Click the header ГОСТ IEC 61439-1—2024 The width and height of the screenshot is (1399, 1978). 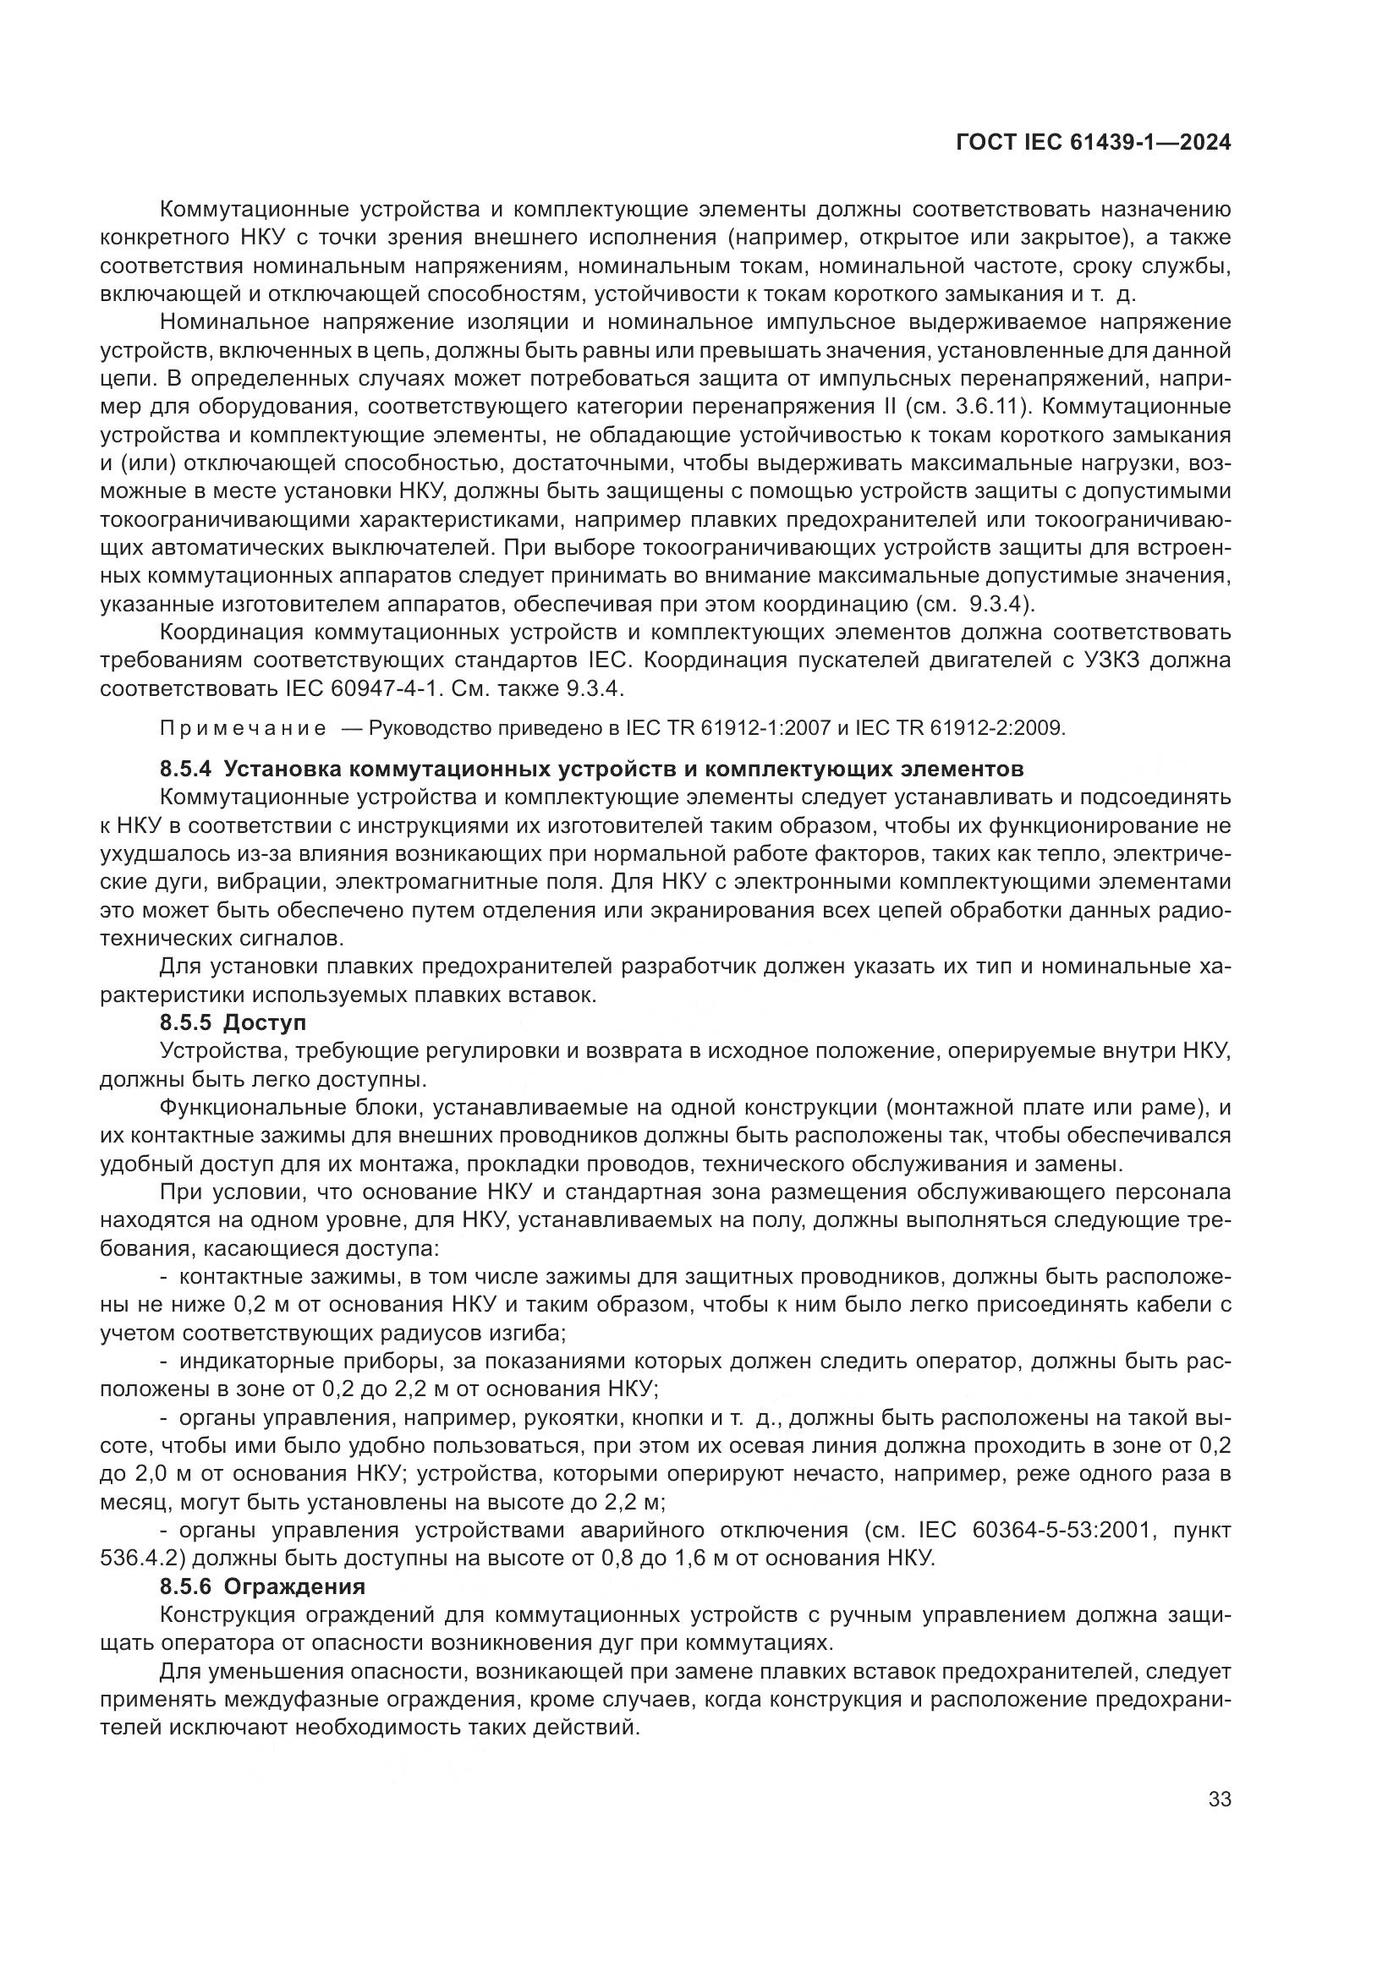click(x=1092, y=142)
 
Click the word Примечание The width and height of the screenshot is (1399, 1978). click(x=243, y=729)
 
